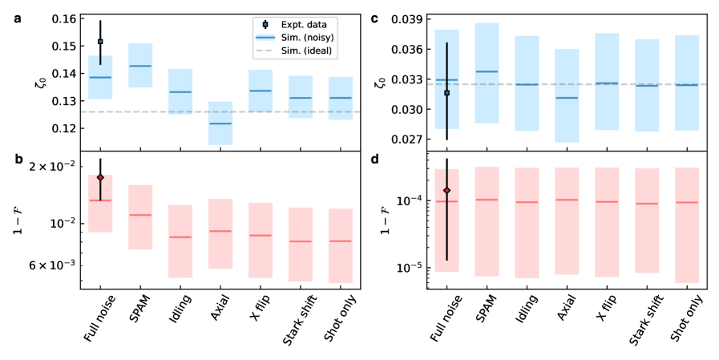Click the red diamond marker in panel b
(100, 177)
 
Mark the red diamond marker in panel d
(447, 190)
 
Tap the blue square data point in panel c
(447, 93)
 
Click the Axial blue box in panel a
(220, 123)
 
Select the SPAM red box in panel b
(140, 216)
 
